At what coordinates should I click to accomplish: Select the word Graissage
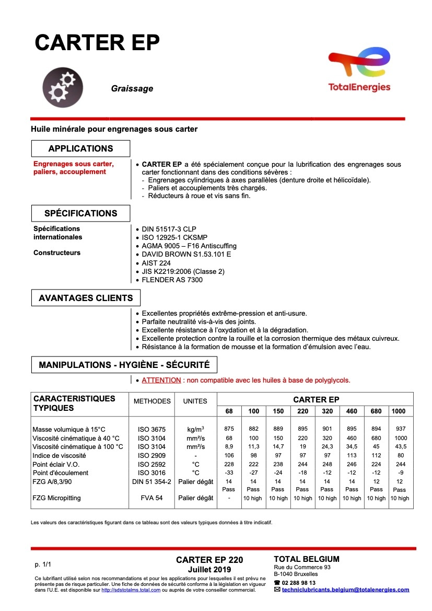point(132,89)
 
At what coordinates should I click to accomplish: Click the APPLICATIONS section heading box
point(80,148)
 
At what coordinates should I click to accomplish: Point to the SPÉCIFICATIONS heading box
point(80,213)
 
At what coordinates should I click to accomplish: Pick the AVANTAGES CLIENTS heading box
point(86,298)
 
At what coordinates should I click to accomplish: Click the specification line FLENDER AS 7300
point(172,280)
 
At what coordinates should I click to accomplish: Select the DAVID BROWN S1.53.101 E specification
point(186,254)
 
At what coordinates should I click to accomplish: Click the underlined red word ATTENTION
point(161,380)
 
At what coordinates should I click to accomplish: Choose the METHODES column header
point(152,401)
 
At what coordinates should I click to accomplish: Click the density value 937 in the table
point(400,429)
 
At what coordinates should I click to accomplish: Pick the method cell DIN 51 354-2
point(152,481)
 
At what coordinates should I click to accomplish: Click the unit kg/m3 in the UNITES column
point(195,429)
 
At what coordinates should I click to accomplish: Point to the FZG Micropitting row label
point(56,498)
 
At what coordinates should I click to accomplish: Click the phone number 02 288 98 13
point(298,583)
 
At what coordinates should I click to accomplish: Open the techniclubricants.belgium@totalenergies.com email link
point(345,590)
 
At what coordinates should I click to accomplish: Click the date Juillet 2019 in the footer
point(209,569)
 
